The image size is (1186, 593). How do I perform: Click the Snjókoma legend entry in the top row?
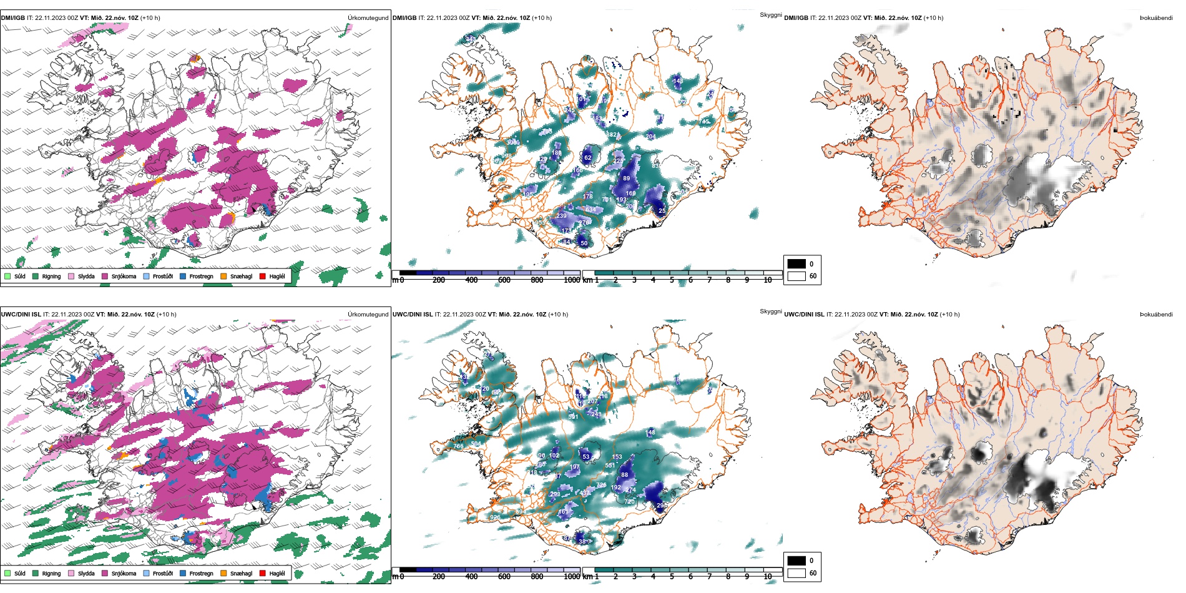[124, 277]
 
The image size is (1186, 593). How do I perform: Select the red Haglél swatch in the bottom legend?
[263, 573]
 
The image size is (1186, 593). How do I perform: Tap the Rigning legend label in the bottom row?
[51, 574]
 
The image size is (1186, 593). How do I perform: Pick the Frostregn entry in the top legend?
[201, 277]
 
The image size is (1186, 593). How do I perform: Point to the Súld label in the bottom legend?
[20, 574]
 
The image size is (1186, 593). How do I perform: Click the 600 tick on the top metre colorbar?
[504, 280]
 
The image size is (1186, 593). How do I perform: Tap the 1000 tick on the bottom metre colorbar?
[572, 577]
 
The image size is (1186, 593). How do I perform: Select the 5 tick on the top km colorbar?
[672, 280]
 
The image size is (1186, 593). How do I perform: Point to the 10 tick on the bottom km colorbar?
[768, 577]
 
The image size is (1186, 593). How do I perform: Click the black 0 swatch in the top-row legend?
[796, 264]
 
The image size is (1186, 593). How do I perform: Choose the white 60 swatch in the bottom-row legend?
[796, 573]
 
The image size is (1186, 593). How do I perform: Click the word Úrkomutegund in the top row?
[368, 18]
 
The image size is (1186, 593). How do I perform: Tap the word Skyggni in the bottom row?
[770, 311]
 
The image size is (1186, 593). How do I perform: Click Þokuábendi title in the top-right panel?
[1156, 18]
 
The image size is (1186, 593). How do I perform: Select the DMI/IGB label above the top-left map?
[13, 18]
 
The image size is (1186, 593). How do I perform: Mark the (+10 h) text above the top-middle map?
[542, 18]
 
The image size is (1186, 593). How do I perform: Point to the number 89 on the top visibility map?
[626, 179]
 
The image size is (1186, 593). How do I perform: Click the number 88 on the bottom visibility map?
[624, 475]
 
